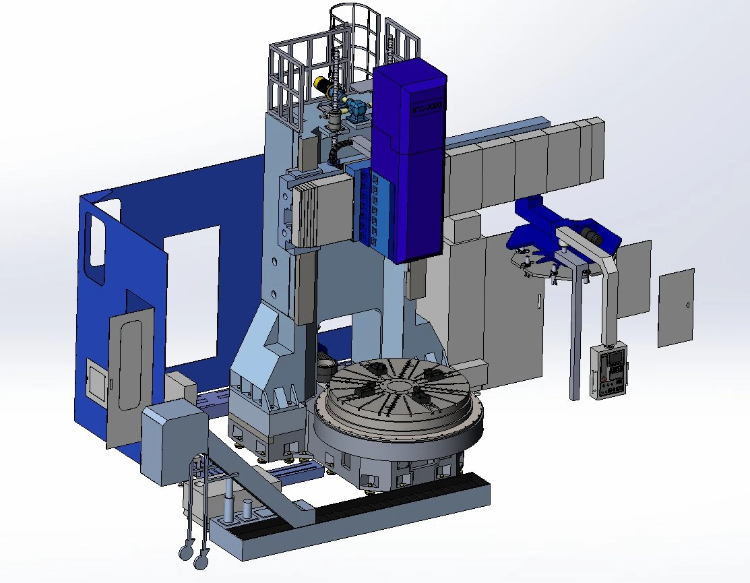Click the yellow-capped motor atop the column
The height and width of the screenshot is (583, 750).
(x=323, y=85)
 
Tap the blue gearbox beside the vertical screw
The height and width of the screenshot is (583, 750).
(x=356, y=109)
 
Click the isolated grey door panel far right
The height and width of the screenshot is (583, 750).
(x=675, y=307)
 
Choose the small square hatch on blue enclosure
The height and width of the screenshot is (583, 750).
(x=97, y=380)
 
